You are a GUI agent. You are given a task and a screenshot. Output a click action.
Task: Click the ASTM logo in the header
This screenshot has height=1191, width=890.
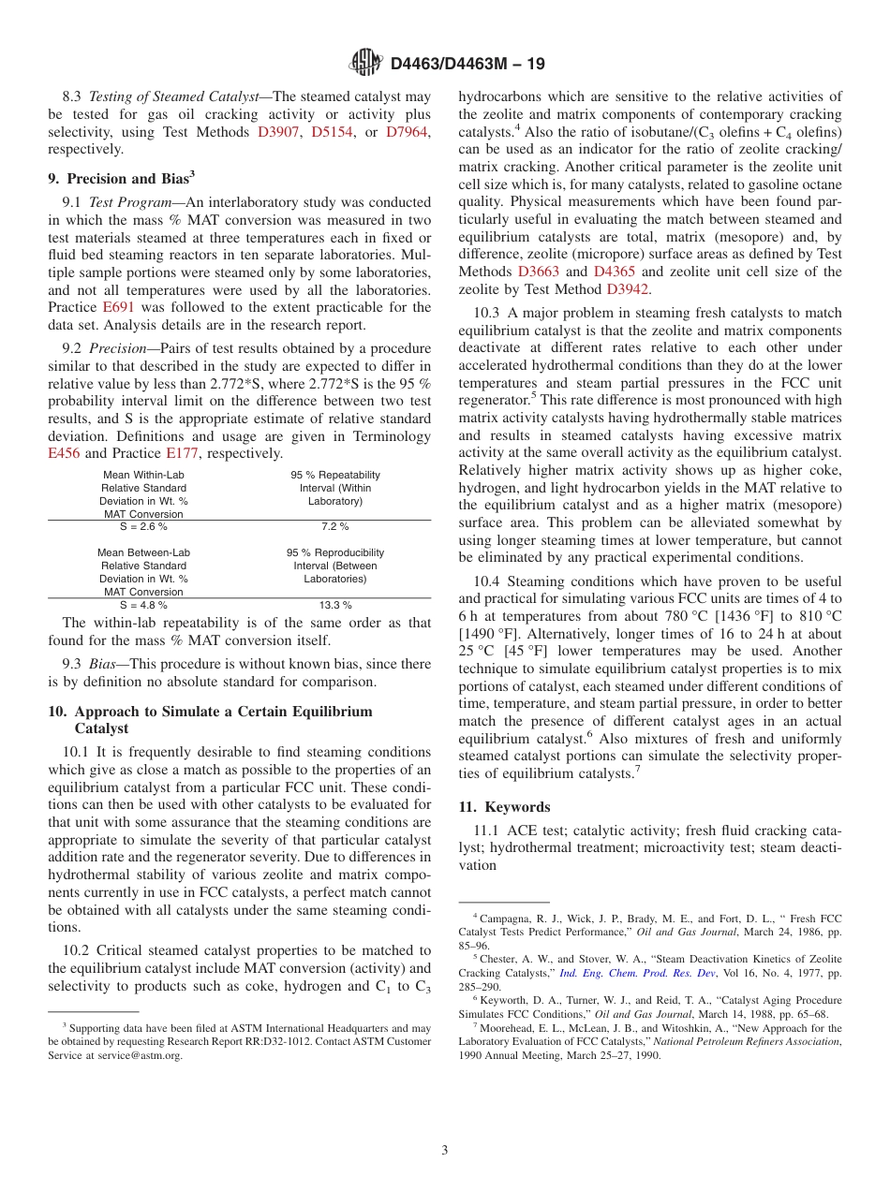(365, 63)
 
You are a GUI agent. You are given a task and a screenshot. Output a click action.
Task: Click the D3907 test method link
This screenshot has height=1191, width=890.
(279, 132)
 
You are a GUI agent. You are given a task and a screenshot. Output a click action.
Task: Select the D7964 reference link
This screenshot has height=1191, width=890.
(408, 132)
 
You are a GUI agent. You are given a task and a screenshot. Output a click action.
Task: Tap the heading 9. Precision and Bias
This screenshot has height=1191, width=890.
(121, 178)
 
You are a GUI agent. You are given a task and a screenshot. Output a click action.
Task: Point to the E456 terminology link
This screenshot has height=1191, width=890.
(65, 453)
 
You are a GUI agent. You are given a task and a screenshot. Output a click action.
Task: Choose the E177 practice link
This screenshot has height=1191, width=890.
(184, 453)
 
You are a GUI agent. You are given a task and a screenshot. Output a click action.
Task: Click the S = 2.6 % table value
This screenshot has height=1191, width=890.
(143, 527)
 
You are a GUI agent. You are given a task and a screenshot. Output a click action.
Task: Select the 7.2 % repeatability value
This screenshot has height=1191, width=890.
(334, 527)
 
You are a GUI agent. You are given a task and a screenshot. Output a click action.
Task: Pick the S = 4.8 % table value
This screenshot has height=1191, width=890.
(143, 605)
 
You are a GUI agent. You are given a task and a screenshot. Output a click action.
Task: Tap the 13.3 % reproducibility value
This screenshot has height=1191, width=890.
(334, 605)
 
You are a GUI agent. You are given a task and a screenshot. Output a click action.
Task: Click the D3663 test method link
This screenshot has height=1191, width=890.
(538, 272)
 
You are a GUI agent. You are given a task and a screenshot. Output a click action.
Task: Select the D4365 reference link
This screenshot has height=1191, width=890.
(614, 272)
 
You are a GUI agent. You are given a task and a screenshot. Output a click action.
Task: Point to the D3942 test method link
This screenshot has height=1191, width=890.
(628, 289)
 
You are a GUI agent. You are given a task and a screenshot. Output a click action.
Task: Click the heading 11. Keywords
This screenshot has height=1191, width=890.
(504, 807)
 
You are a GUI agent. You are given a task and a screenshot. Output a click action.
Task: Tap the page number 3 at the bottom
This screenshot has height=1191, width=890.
(445, 1150)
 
